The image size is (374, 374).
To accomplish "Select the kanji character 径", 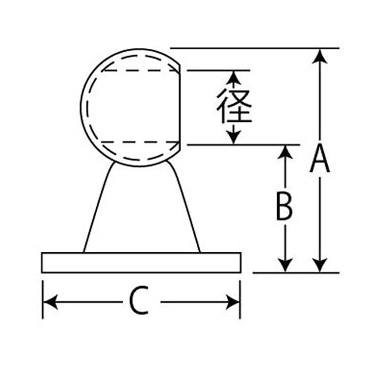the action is click(234, 106).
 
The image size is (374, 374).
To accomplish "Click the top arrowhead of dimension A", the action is click(320, 57).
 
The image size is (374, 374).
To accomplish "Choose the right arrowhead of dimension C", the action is click(232, 302).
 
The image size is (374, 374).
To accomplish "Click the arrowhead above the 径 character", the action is click(234, 78).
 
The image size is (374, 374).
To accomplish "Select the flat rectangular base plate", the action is click(141, 263).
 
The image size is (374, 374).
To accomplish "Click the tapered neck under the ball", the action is click(142, 208).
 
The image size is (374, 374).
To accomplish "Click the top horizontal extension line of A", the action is click(255, 48).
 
